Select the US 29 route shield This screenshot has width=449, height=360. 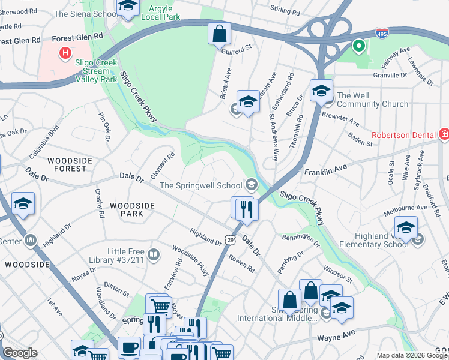point(230,239)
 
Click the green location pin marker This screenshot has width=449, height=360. point(358,46)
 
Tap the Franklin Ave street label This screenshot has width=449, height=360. point(326,172)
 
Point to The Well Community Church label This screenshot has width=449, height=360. point(372,100)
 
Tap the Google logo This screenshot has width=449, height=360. point(20,353)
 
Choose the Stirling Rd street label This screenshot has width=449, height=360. point(285,11)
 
